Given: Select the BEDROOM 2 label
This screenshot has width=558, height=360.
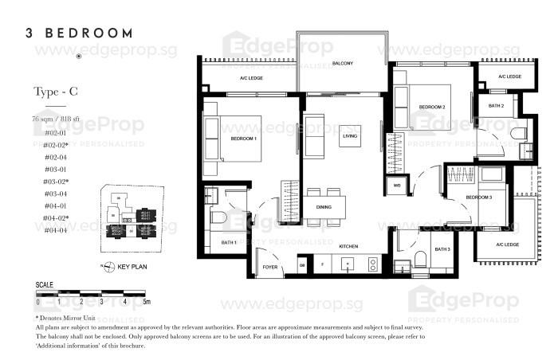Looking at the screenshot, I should [x=431, y=106].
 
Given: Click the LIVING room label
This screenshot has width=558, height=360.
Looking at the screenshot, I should [x=350, y=136].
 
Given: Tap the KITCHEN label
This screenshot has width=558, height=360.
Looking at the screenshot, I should [x=348, y=247].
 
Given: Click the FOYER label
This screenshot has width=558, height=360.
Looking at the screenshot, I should [x=270, y=267].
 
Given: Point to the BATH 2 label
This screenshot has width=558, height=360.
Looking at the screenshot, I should [x=496, y=105].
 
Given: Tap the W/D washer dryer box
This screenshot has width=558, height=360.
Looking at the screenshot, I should [x=396, y=186].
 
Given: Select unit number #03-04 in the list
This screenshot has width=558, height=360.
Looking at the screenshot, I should [x=55, y=194].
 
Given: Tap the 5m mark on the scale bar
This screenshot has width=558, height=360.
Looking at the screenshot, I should [x=147, y=303].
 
